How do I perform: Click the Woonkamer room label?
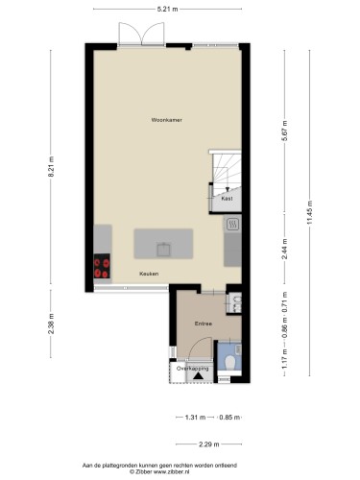pos(166,120)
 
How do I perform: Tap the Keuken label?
pos(149,275)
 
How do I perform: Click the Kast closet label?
pos(226,201)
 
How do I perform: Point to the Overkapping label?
pos(192,367)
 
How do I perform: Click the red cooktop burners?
pos(101,267)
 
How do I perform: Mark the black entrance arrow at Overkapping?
pos(198,376)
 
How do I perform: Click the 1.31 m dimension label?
pos(194,418)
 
